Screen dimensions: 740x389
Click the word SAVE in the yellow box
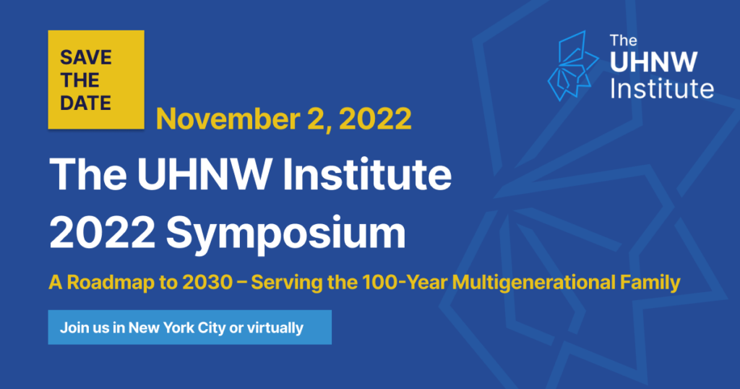tap(86, 58)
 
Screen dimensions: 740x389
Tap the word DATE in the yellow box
tap(85, 103)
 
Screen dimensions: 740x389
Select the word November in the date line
tap(228, 119)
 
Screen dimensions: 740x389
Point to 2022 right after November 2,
tap(375, 119)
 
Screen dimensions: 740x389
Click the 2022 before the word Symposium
tap(103, 233)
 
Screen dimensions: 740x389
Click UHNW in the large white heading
tap(203, 174)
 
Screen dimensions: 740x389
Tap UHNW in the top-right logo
tap(653, 62)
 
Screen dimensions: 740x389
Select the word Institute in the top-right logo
tap(662, 88)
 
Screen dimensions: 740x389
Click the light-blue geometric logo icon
tap(573, 66)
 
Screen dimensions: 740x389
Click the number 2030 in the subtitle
tap(207, 282)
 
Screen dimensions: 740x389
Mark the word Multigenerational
tap(533, 283)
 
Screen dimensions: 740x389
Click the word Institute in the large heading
tap(367, 174)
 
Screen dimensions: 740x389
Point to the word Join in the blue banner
tap(72, 328)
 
